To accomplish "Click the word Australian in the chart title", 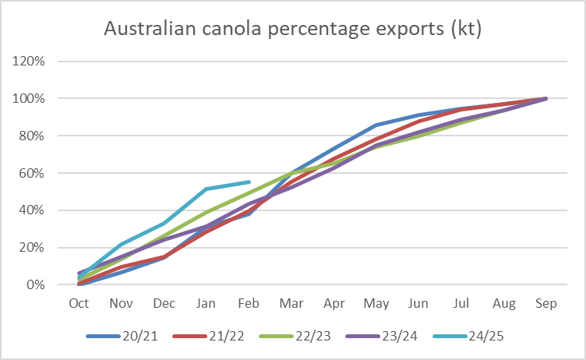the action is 150,28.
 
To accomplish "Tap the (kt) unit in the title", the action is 467,29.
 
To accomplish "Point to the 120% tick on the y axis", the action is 28,61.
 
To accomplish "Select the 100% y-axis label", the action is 28,99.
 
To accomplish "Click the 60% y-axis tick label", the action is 31,173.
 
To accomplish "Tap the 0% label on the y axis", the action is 36,285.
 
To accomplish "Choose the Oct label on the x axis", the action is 79,303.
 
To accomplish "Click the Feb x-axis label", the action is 249,303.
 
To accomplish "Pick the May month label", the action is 376,304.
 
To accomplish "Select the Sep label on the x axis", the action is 546,303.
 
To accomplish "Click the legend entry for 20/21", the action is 122,336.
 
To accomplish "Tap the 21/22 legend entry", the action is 208,336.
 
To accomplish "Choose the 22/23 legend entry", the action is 295,336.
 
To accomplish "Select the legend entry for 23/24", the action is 382,336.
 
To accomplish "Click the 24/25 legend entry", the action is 468,336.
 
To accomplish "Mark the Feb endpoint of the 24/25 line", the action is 249,182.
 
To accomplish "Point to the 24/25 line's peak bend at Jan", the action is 207,189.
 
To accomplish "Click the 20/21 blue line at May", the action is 376,125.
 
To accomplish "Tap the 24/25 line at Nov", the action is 122,245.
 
